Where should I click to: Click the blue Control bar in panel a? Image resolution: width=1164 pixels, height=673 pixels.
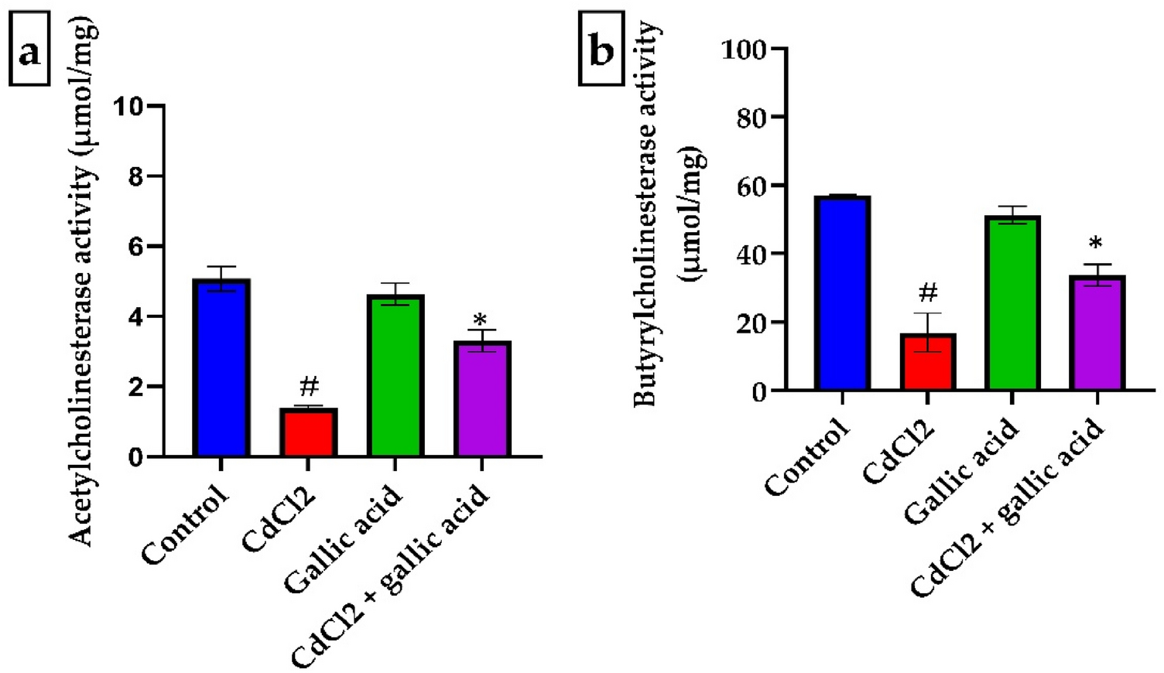(x=221, y=368)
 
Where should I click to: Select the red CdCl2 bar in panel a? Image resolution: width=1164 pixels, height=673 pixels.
(x=308, y=433)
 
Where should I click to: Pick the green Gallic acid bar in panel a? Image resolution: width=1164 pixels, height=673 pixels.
(x=395, y=376)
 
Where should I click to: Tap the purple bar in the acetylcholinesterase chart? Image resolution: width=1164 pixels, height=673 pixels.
(x=481, y=399)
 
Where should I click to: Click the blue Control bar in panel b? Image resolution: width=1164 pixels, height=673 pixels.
(x=843, y=294)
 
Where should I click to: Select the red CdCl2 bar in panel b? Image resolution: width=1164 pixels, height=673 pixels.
(x=927, y=362)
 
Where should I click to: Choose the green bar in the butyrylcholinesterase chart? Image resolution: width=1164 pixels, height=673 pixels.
(x=1012, y=303)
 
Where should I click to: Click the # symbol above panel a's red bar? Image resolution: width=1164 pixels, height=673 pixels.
(x=308, y=386)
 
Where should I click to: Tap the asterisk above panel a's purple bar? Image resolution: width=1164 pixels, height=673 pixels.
(x=481, y=319)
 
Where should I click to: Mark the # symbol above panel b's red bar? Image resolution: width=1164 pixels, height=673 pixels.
(x=928, y=292)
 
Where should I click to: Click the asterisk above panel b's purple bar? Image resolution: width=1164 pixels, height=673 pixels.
(x=1096, y=244)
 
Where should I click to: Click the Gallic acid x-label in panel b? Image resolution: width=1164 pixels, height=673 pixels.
(x=961, y=472)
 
